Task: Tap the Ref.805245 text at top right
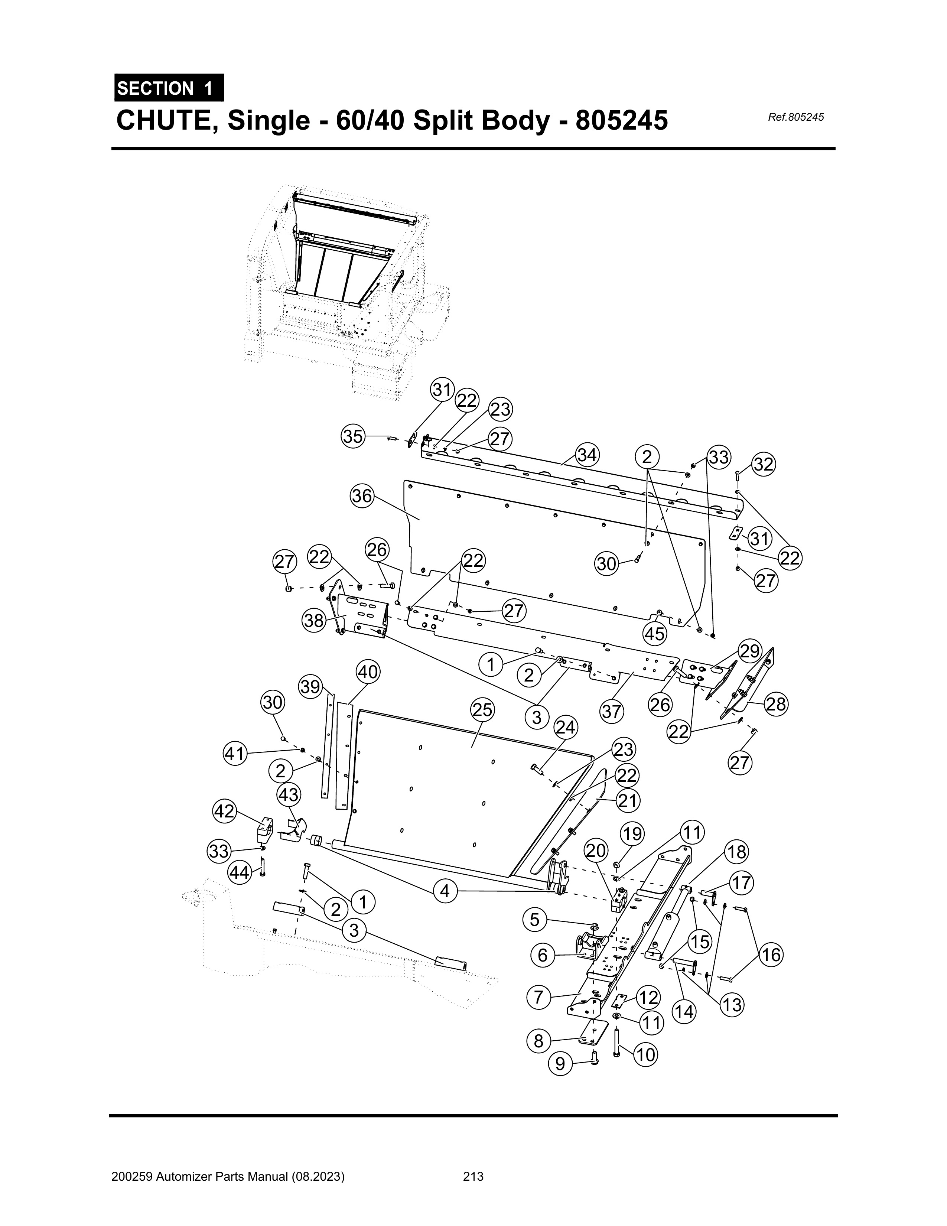[x=795, y=117]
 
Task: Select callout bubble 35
[x=353, y=436]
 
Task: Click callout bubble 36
[x=362, y=496]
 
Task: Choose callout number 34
[x=587, y=455]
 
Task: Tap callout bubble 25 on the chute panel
[x=482, y=710]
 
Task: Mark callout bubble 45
[x=654, y=634]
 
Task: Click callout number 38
[x=314, y=620]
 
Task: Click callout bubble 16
[x=772, y=954]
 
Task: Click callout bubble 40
[x=368, y=672]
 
